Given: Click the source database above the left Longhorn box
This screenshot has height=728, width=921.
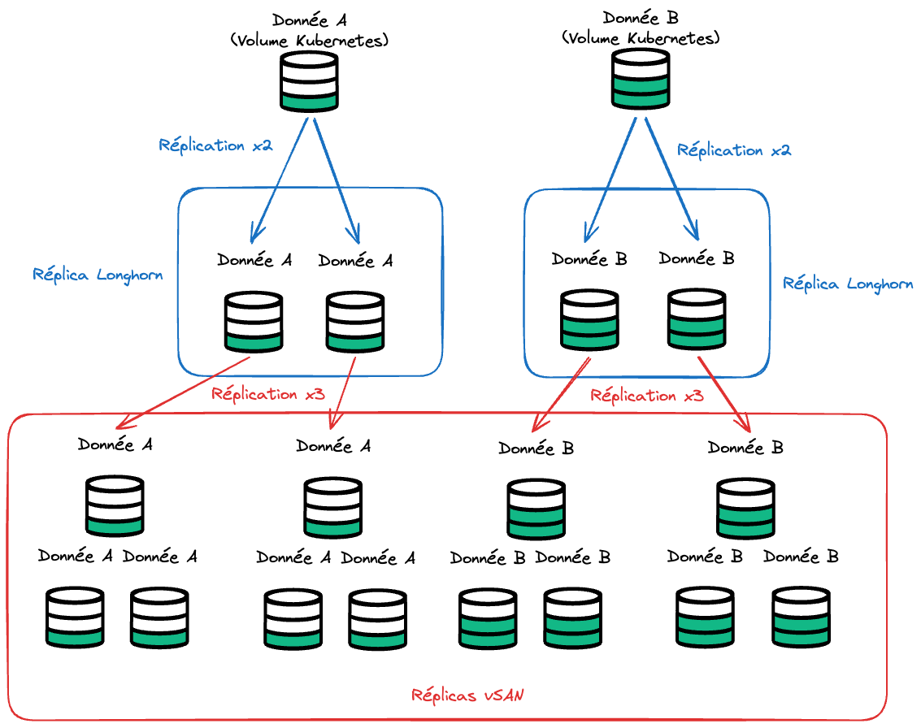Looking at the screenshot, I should tap(309, 81).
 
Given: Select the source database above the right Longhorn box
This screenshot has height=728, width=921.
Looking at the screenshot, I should tap(641, 78).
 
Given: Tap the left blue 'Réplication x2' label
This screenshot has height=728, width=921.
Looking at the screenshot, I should tap(215, 146).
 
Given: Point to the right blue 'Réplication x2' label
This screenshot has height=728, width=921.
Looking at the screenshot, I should tap(733, 151).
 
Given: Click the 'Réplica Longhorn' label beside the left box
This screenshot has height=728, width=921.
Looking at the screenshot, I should tap(98, 275).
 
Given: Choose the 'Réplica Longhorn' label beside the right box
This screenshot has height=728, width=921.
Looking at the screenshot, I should tap(847, 284).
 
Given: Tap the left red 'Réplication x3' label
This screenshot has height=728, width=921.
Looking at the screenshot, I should tap(268, 395).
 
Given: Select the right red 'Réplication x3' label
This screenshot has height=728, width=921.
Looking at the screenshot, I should tap(647, 396).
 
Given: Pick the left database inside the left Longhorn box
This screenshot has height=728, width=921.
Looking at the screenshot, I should tap(253, 322).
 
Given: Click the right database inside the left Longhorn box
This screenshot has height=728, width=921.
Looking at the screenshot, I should tap(355, 322).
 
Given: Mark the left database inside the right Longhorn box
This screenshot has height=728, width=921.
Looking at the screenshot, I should tap(589, 320).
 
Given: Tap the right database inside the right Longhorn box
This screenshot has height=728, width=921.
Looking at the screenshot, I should tap(697, 319).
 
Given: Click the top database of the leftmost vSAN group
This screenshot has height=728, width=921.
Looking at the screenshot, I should tap(115, 505).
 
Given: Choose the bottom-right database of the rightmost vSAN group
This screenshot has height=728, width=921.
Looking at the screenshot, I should tap(801, 617).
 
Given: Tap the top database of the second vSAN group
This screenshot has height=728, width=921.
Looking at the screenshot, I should tap(332, 507).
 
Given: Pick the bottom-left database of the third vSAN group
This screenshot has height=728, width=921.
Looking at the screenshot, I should tap(489, 618).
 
